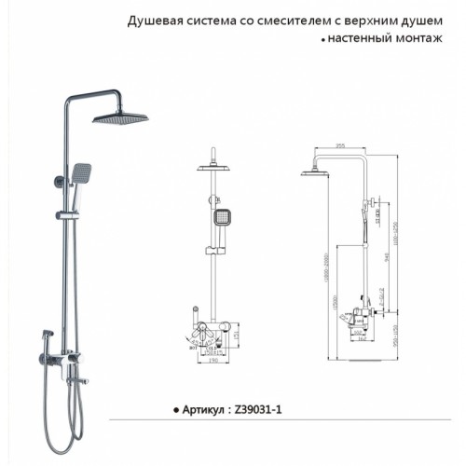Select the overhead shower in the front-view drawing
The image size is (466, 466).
tap(219, 168)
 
